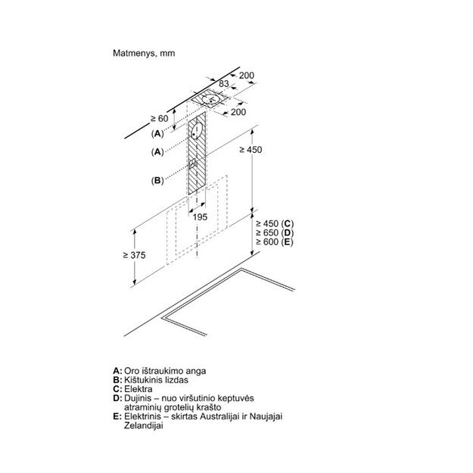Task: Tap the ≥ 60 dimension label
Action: pyautogui.click(x=158, y=118)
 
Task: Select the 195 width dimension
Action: pyautogui.click(x=200, y=217)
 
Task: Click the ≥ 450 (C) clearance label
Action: pyautogui.click(x=273, y=223)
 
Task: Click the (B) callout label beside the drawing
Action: pyautogui.click(x=157, y=180)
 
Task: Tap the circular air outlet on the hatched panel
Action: pyautogui.click(x=198, y=131)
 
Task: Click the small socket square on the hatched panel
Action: pyautogui.click(x=193, y=165)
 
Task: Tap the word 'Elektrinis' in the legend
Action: pyautogui.click(x=141, y=417)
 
